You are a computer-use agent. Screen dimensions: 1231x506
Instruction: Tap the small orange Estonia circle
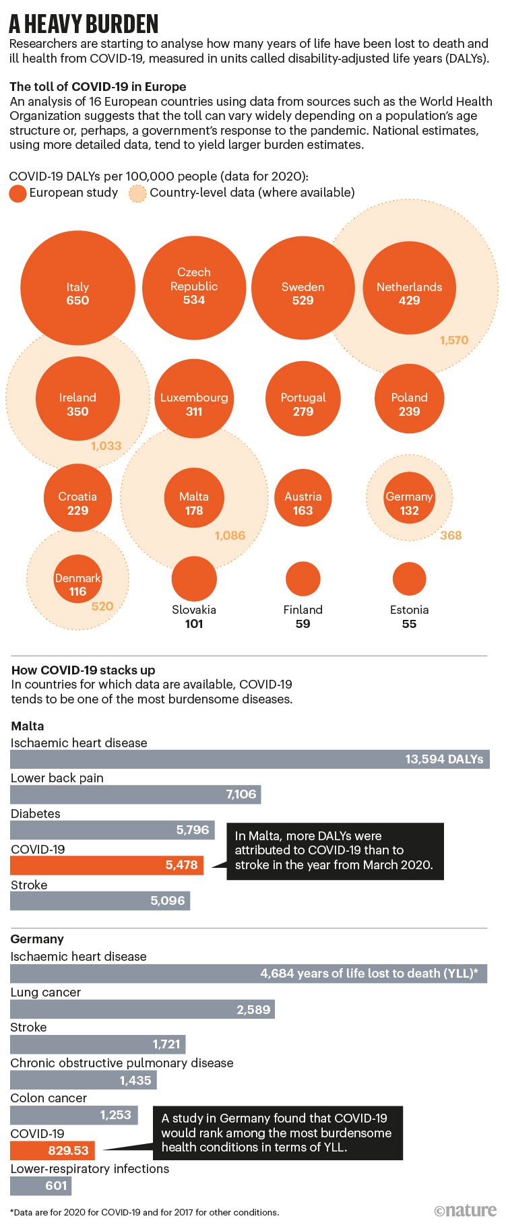[x=409, y=579]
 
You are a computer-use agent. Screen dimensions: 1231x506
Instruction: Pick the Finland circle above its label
[x=303, y=579]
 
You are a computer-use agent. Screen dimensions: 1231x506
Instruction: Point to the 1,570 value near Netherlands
[x=454, y=340]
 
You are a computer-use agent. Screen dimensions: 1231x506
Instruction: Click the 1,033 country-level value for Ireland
[x=106, y=446]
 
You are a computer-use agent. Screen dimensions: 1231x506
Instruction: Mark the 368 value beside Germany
[x=451, y=536]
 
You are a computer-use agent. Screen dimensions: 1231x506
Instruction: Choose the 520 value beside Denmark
[x=102, y=606]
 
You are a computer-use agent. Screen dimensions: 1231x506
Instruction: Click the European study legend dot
[x=18, y=193]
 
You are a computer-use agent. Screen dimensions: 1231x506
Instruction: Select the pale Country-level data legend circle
[x=138, y=193]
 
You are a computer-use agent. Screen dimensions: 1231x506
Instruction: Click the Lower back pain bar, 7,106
[x=135, y=794]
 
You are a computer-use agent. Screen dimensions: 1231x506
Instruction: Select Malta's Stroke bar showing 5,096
[x=100, y=901]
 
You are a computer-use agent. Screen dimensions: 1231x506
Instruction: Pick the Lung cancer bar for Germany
[x=142, y=1009]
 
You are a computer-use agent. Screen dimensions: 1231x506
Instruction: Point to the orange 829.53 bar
[x=53, y=1151]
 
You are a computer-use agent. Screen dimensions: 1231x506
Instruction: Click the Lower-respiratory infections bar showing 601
[x=40, y=1186]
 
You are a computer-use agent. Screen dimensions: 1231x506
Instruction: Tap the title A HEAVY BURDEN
[x=84, y=25]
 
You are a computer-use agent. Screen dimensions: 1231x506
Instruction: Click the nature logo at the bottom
[x=466, y=1211]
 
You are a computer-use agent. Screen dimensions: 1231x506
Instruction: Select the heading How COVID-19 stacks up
[x=83, y=670]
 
